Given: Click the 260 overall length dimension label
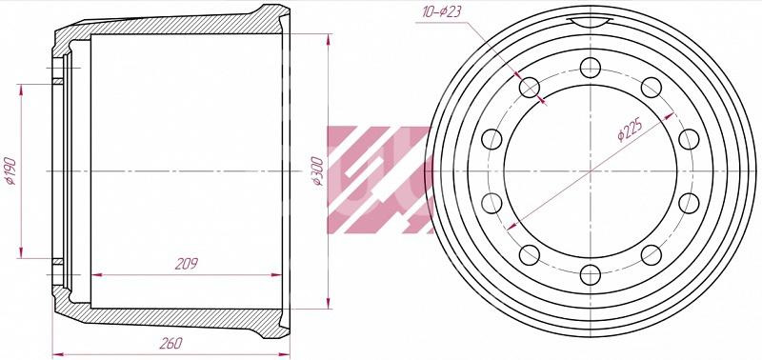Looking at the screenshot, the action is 170,344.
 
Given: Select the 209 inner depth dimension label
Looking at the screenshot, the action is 187,263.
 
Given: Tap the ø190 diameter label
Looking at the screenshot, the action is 10,171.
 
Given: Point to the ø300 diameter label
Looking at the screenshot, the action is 317,171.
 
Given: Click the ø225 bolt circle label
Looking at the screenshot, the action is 631,130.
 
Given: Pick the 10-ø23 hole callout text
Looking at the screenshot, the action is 441,12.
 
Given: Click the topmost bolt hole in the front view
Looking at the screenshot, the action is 590,68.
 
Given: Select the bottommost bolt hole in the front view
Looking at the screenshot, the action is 590,275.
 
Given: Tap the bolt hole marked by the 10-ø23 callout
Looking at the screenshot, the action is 530,88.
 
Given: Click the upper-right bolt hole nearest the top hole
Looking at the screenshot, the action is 652,88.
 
